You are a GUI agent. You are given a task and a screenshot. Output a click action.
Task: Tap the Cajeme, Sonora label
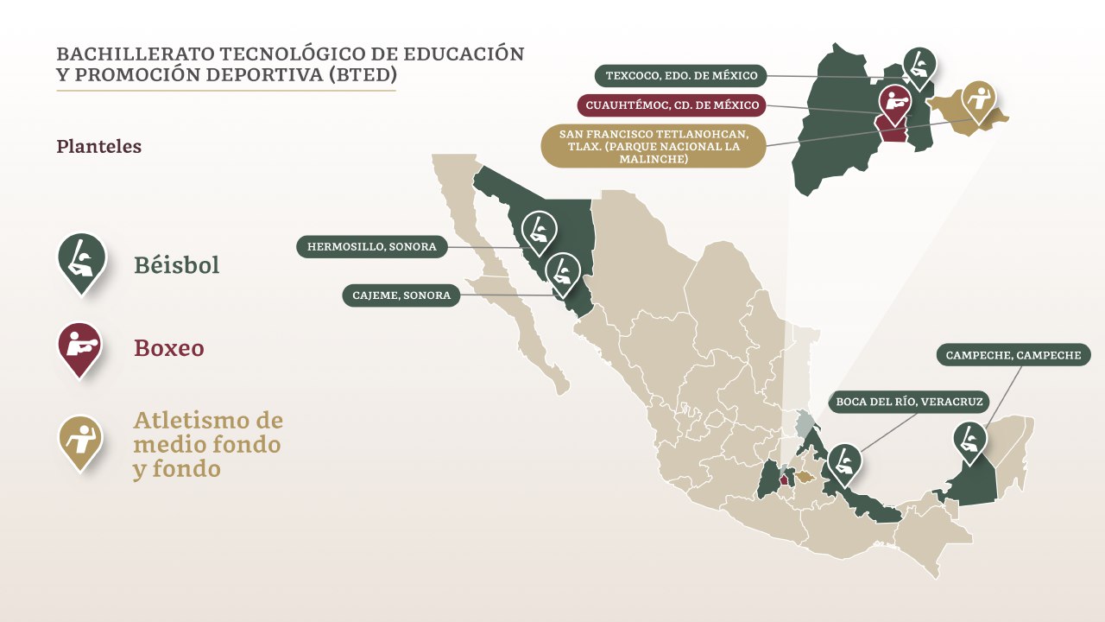pyautogui.click(x=401, y=295)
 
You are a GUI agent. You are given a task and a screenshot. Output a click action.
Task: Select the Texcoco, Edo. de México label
pyautogui.click(x=681, y=76)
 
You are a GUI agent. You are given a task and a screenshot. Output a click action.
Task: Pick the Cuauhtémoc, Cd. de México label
pyautogui.click(x=672, y=105)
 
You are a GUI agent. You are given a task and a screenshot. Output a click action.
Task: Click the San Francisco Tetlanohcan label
pyautogui.click(x=653, y=146)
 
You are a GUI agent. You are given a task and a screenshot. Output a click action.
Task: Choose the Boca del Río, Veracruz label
pyautogui.click(x=909, y=402)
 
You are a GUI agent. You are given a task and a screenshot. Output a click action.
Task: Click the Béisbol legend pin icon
pyautogui.click(x=81, y=259)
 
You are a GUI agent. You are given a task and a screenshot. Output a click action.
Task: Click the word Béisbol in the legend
pyautogui.click(x=176, y=265)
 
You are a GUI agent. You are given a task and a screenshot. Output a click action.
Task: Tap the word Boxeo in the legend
pyautogui.click(x=169, y=348)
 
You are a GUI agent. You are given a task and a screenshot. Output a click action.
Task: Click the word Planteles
pyautogui.click(x=98, y=147)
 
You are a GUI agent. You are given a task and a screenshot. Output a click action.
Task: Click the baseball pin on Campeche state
pyautogui.click(x=970, y=440)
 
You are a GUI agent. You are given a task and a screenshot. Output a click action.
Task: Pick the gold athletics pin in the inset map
pyautogui.click(x=978, y=101)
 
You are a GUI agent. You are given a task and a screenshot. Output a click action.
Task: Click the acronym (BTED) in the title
pyautogui.click(x=363, y=75)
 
